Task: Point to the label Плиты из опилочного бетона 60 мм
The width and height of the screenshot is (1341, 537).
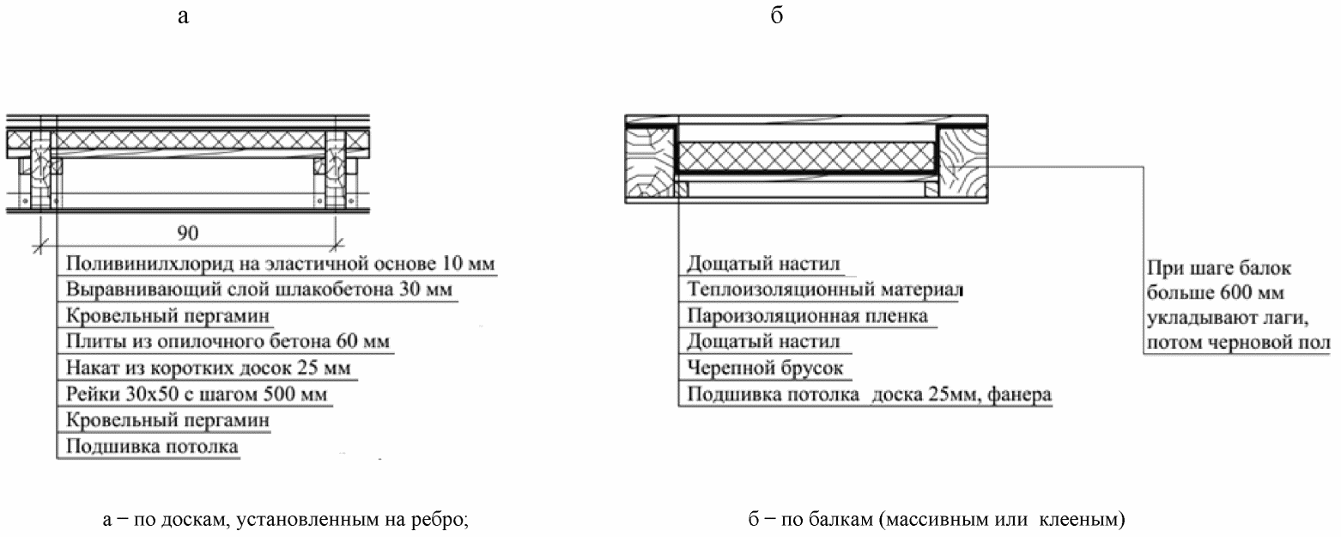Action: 228,342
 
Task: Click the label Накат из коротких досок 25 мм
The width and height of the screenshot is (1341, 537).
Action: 209,369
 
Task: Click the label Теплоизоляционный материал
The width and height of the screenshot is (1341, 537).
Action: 824,290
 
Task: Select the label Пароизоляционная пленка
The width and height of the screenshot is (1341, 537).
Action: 807,316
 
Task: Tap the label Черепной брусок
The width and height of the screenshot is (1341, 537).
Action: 765,369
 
